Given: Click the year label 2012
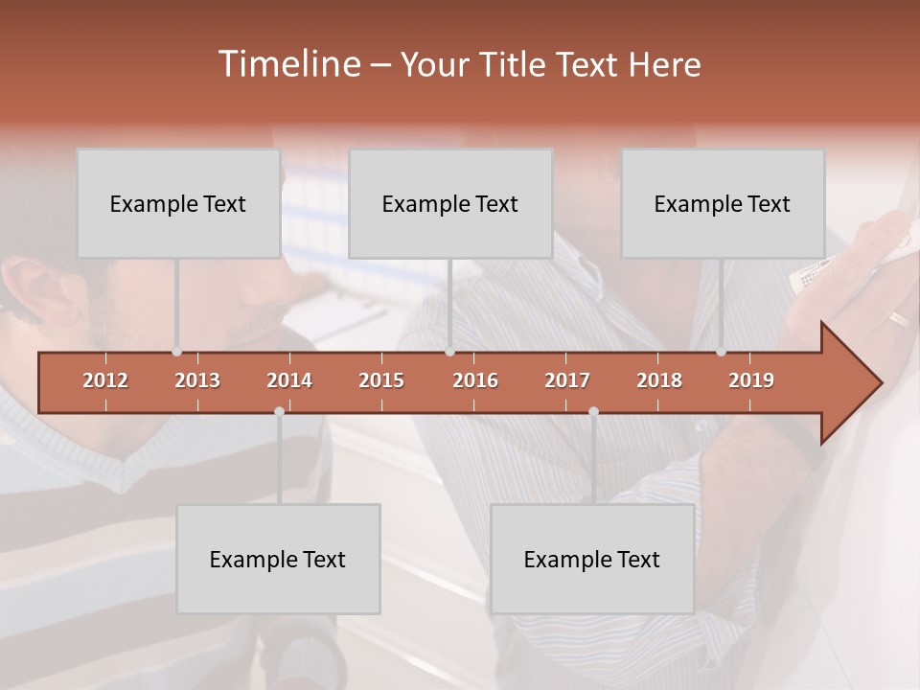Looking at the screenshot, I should [x=105, y=380].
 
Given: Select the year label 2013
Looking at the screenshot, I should [x=197, y=380].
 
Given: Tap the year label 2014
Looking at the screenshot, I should [x=289, y=380].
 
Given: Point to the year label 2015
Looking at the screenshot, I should [x=381, y=380].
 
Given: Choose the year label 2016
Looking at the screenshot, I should [x=475, y=380].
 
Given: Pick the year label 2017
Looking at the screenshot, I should [x=567, y=380].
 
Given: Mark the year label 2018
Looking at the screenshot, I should [x=659, y=380].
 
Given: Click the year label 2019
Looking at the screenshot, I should [x=751, y=380].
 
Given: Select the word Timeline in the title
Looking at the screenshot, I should [x=287, y=64].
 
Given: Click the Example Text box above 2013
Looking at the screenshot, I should [x=178, y=203].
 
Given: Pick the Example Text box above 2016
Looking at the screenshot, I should [x=450, y=203].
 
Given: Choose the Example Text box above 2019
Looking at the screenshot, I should [x=723, y=203].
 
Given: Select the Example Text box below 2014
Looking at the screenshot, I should [x=278, y=559].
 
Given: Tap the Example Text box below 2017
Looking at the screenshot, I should [x=592, y=559].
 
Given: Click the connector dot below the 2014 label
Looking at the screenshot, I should [x=279, y=411].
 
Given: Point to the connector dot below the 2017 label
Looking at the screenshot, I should [x=593, y=411].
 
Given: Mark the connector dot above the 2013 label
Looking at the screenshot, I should [x=176, y=352].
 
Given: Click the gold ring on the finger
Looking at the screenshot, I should [x=898, y=319].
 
